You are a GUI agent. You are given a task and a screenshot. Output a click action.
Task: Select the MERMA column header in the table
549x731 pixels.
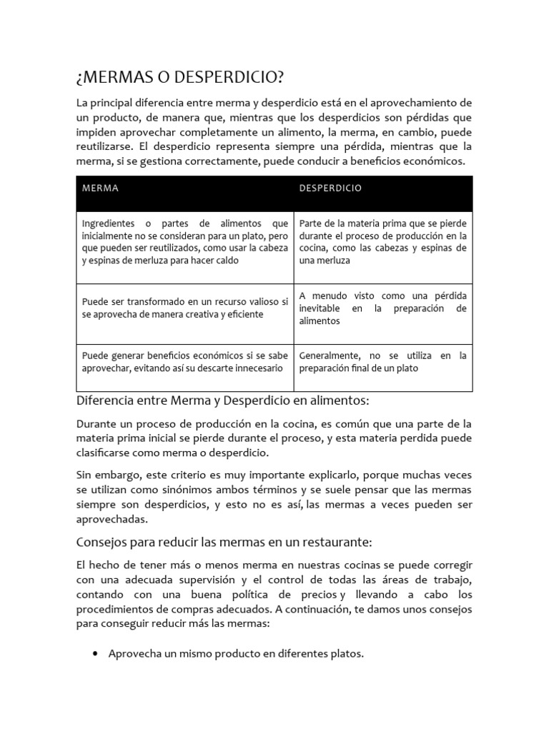100,188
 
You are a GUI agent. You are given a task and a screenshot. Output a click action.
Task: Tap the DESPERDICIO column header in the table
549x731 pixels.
330,188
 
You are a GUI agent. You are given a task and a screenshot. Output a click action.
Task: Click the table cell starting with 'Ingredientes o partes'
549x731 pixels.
185,242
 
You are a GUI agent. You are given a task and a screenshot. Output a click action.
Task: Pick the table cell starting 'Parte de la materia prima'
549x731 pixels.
382,242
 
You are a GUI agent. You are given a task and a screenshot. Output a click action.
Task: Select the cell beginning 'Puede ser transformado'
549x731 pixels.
185,308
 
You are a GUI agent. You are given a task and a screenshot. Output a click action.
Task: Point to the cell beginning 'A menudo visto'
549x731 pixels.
382,308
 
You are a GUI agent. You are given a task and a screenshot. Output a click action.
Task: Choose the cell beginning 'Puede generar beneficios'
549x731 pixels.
185,362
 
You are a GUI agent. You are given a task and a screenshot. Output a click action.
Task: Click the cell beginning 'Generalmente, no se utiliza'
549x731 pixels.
382,362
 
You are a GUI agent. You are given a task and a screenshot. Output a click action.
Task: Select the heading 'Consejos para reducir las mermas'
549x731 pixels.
224,542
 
